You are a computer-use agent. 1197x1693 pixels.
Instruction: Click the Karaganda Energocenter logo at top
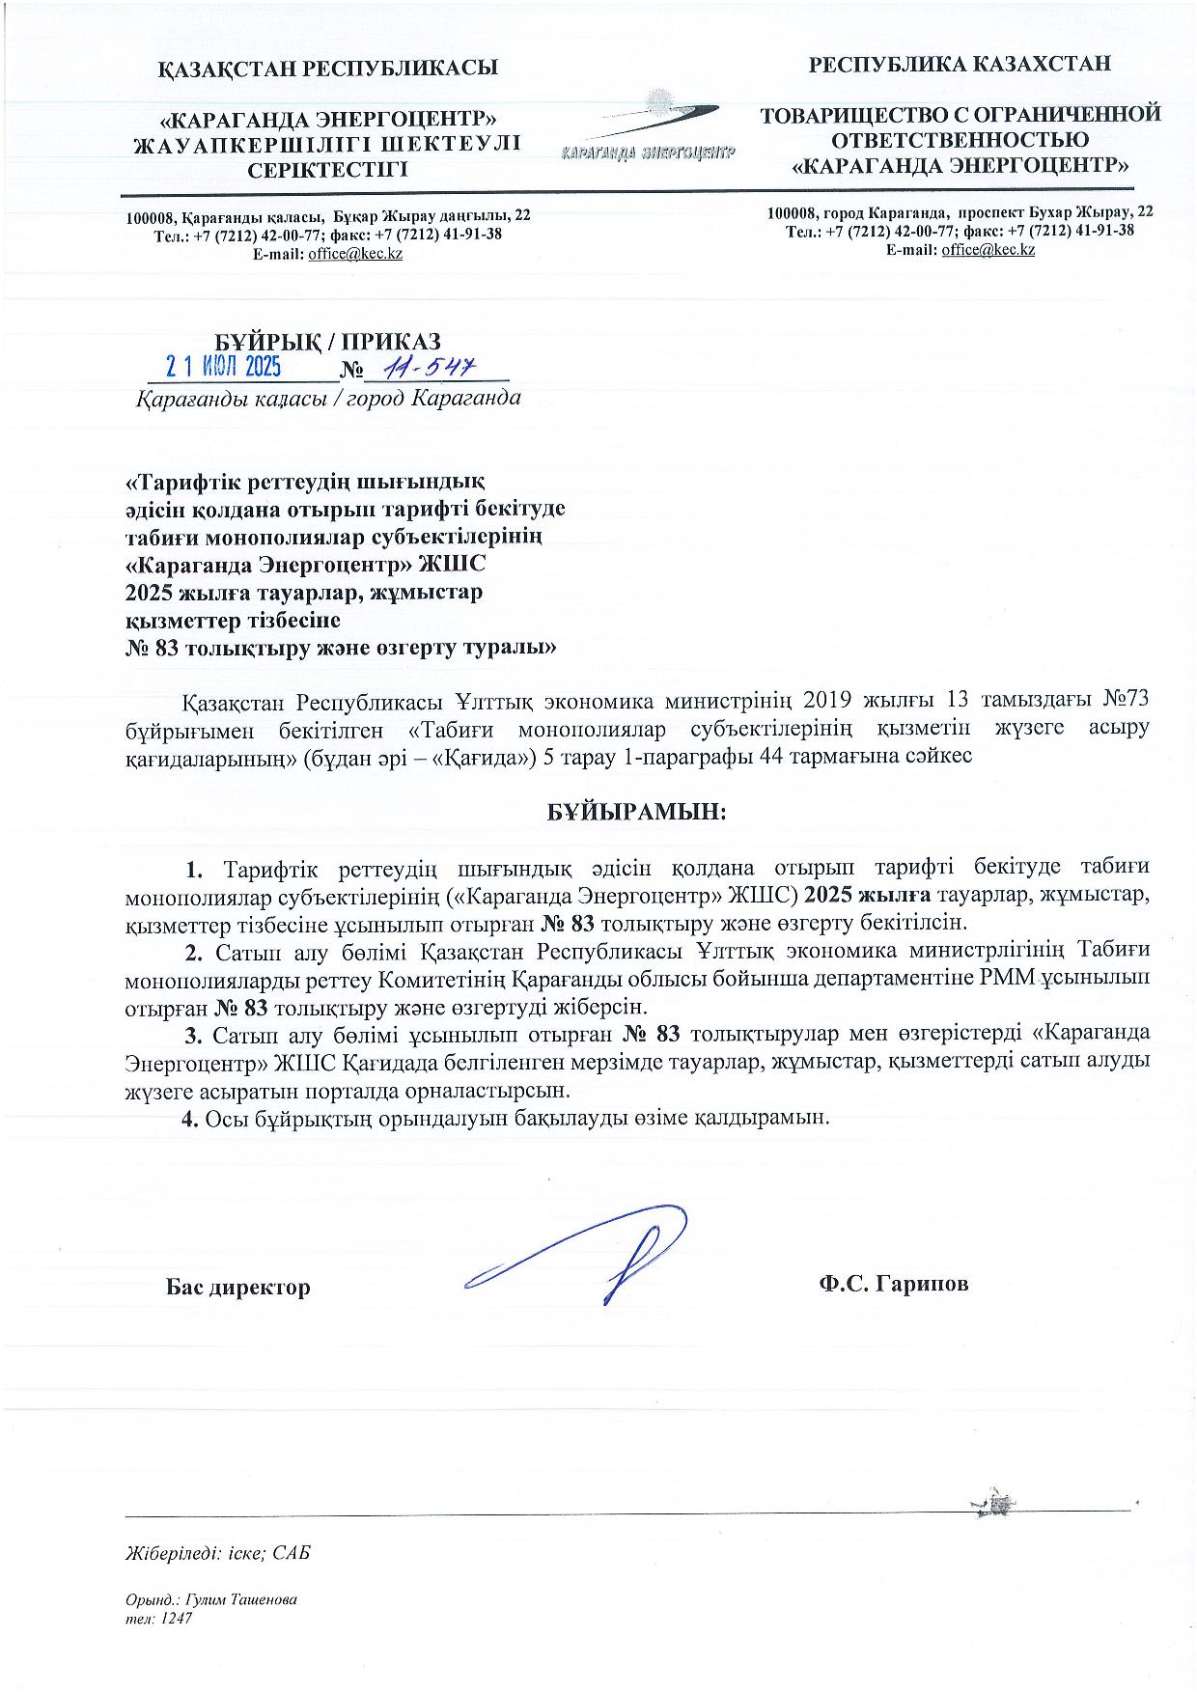[x=647, y=126]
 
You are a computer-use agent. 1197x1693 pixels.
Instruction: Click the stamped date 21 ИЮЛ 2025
[x=223, y=367]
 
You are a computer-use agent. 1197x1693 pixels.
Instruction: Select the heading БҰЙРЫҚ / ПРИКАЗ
[x=327, y=341]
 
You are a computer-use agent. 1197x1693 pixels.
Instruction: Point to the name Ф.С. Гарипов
[x=892, y=1284]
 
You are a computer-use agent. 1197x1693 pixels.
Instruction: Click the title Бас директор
[x=237, y=1287]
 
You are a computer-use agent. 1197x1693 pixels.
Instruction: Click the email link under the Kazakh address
[x=354, y=254]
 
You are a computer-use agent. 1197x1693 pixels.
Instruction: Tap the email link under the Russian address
[x=988, y=250]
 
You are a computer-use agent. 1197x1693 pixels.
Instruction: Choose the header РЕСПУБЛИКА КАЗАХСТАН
[x=960, y=64]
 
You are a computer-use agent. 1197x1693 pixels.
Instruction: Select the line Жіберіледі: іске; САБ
[x=219, y=1553]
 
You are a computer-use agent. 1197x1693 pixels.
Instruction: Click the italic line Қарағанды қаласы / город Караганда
[x=327, y=398]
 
